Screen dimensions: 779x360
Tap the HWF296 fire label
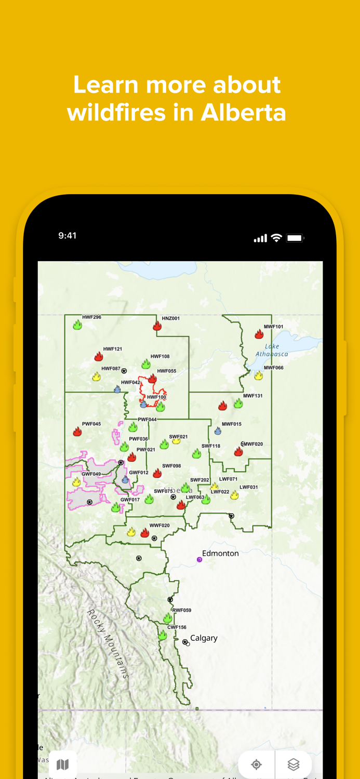pos(91,317)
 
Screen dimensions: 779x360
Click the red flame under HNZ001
pos(157,326)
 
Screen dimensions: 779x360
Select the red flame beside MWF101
pos(259,334)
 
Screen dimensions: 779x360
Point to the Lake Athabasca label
pos(272,350)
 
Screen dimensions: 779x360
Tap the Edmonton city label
pos(220,554)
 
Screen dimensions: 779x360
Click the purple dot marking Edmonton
pos(199,559)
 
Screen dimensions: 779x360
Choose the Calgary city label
pos(204,638)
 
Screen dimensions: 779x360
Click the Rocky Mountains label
pos(108,644)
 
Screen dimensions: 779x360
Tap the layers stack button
pos(294,764)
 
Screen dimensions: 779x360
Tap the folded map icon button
pos(63,764)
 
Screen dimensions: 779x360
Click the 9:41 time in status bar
pos(68,236)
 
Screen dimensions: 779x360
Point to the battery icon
pos(295,238)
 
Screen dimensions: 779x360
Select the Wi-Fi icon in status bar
pos(277,238)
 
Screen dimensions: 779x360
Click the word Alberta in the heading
pos(244,112)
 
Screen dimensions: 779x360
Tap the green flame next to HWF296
pos(77,325)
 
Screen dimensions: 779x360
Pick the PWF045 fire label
pos(91,424)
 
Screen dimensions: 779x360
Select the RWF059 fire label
pos(182,610)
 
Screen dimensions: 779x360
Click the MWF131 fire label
pos(253,396)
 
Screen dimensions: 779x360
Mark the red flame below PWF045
pos(77,432)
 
